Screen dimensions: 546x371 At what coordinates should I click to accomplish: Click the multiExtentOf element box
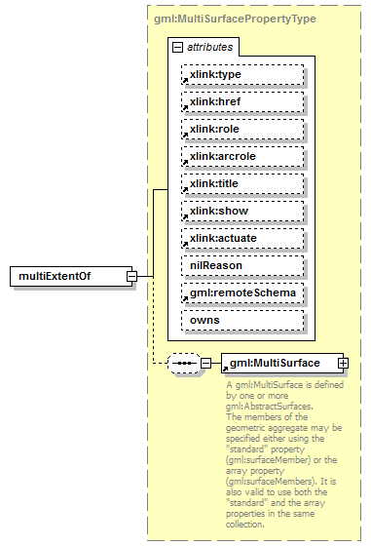pyautogui.click(x=67, y=277)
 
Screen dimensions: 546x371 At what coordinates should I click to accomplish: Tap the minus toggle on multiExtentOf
pyautogui.click(x=130, y=277)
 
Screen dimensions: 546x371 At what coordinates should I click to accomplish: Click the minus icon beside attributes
pyautogui.click(x=176, y=46)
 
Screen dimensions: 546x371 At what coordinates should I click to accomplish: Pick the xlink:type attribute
pyautogui.click(x=242, y=74)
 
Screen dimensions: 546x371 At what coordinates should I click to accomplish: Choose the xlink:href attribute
pyautogui.click(x=242, y=101)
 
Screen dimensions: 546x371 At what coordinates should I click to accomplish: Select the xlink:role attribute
pyautogui.click(x=242, y=129)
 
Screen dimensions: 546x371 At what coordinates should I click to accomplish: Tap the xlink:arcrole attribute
pyautogui.click(x=242, y=156)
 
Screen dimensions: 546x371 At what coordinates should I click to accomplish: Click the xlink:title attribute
pyautogui.click(x=242, y=183)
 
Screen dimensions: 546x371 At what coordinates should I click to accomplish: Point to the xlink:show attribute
pyautogui.click(x=242, y=211)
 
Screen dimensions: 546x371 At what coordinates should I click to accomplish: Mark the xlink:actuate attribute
pyautogui.click(x=242, y=238)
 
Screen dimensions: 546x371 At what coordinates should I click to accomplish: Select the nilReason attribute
pyautogui.click(x=242, y=265)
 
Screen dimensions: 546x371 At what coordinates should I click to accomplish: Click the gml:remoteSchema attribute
pyautogui.click(x=242, y=292)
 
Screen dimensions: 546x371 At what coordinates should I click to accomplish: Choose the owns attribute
pyautogui.click(x=242, y=320)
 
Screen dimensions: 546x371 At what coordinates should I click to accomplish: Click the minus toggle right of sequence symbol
pyautogui.click(x=205, y=364)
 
